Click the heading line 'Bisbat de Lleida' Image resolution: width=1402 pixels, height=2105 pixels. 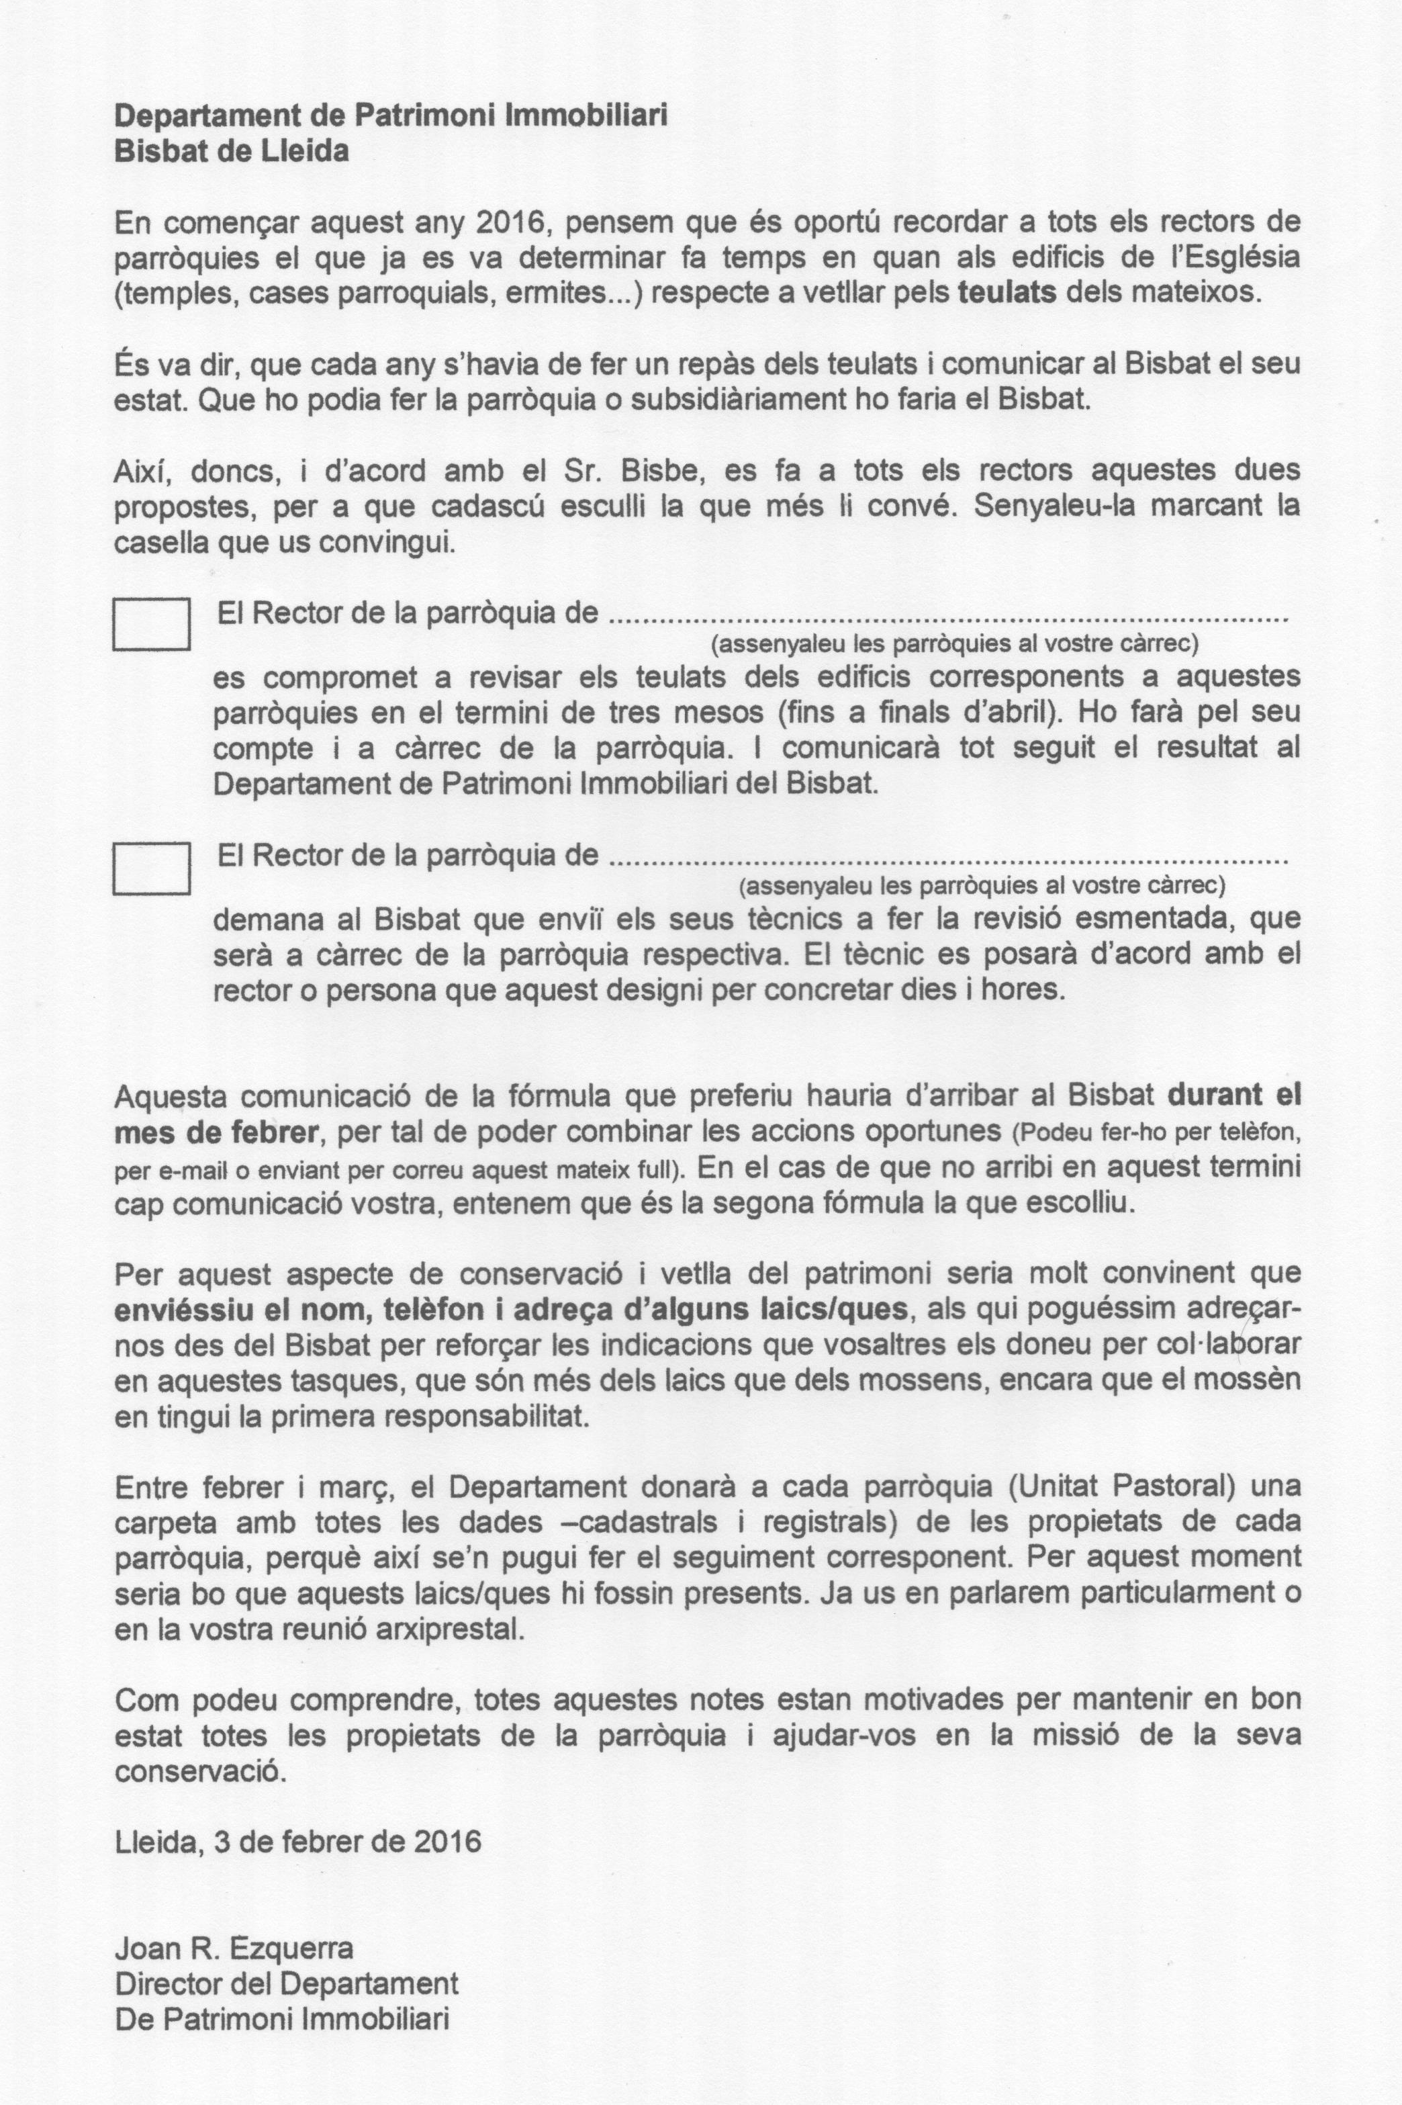[232, 151]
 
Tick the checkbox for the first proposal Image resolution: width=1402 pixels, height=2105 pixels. [151, 623]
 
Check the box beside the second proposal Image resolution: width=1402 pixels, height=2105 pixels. [151, 868]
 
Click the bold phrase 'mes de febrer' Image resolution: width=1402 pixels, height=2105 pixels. [216, 1131]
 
